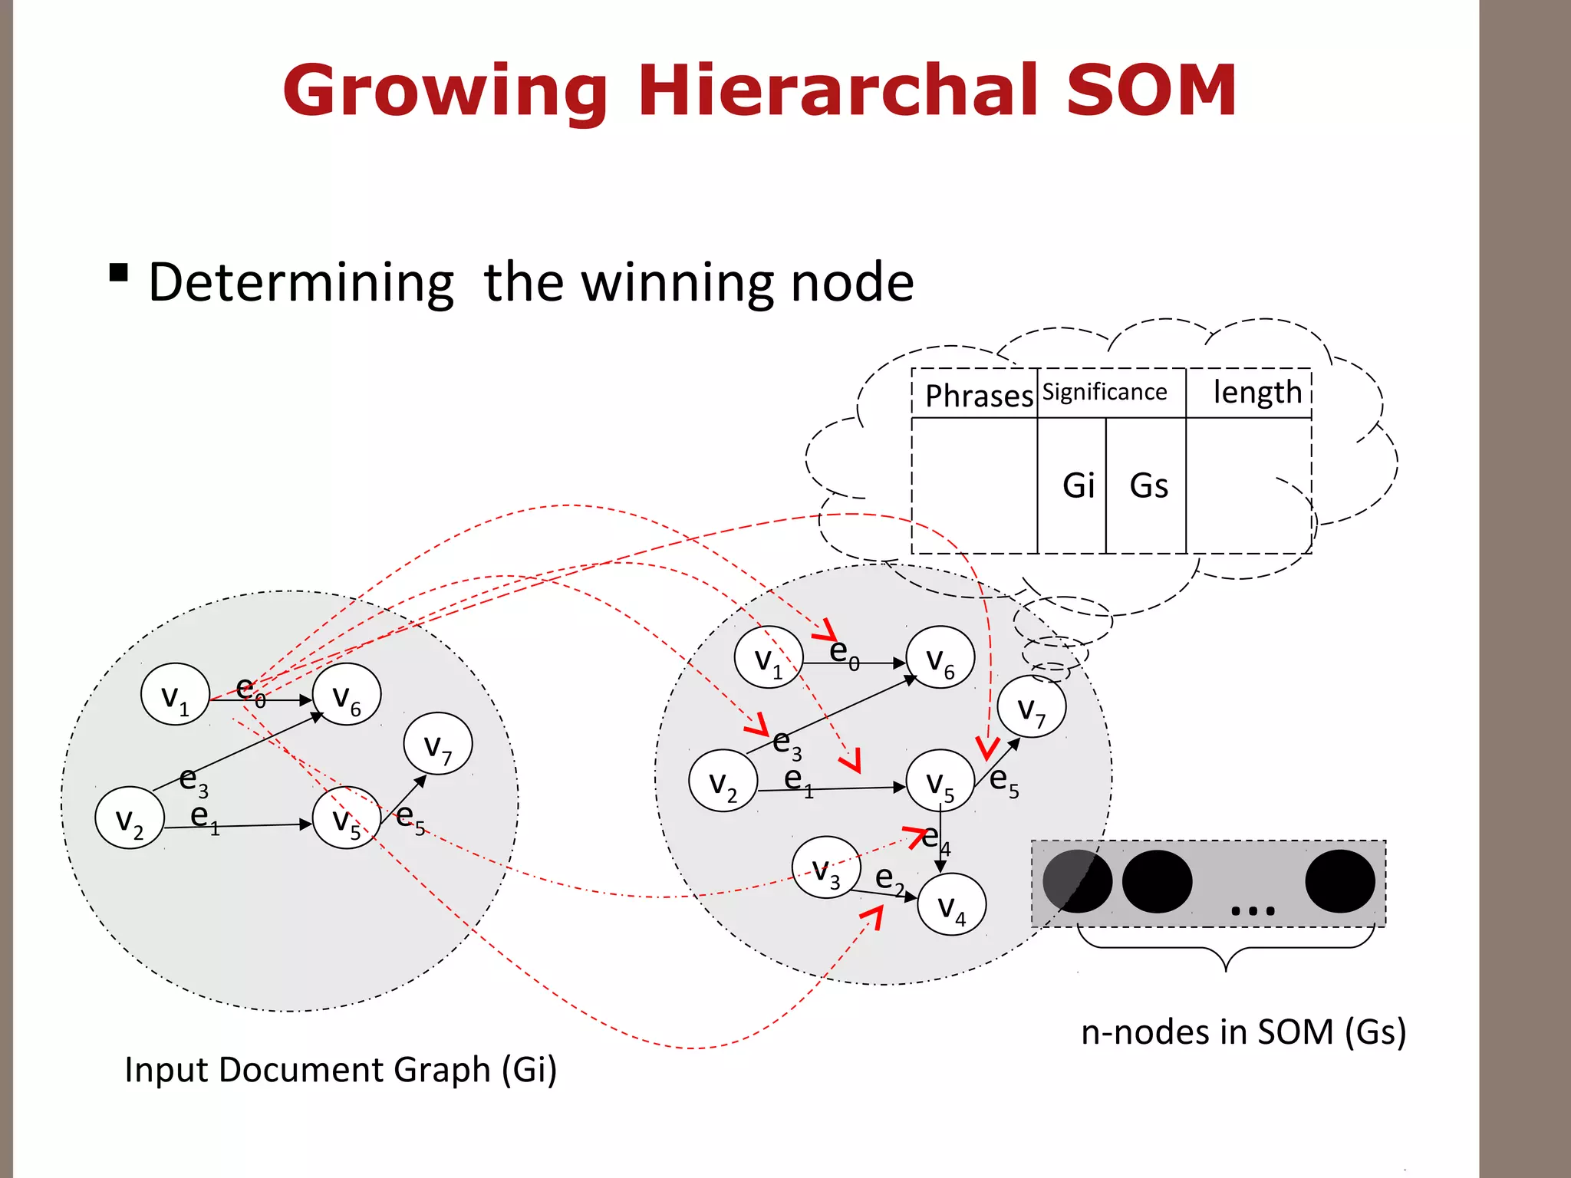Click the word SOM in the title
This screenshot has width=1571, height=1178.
pyautogui.click(x=1151, y=90)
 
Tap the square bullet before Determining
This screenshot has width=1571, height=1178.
pyautogui.click(x=118, y=273)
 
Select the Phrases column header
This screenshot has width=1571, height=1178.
pyautogui.click(x=978, y=396)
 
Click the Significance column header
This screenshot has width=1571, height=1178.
pyautogui.click(x=1105, y=392)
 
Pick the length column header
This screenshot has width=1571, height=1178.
pyautogui.click(x=1256, y=392)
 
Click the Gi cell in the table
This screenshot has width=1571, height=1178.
pyautogui.click(x=1078, y=485)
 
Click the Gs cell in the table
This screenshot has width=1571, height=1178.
pyautogui.click(x=1148, y=485)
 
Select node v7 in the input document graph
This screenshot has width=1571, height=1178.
pyautogui.click(x=438, y=744)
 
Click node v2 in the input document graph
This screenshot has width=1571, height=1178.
pyautogui.click(x=130, y=818)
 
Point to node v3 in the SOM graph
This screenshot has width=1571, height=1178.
pyautogui.click(x=826, y=868)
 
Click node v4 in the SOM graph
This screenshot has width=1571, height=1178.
pyautogui.click(x=952, y=905)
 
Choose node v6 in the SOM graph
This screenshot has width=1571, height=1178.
pyautogui.click(x=940, y=658)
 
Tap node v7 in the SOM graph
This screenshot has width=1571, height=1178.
pyautogui.click(x=1031, y=707)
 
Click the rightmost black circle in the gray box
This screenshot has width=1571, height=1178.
pyautogui.click(x=1339, y=881)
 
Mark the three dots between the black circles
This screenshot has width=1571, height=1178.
pyautogui.click(x=1252, y=911)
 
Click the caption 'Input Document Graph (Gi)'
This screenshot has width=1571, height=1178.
pyautogui.click(x=341, y=1070)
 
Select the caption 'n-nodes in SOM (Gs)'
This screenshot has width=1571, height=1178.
pyautogui.click(x=1243, y=1032)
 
